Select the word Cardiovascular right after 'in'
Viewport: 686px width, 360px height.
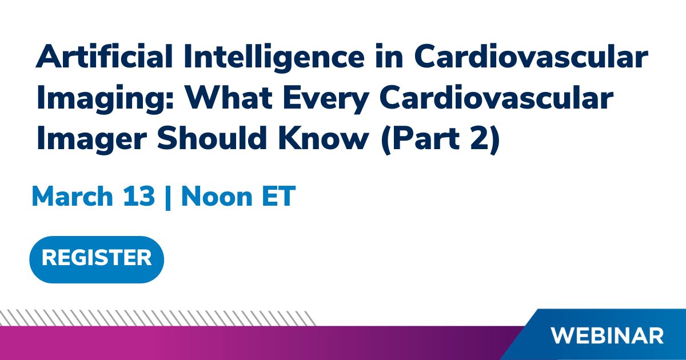click(x=531, y=56)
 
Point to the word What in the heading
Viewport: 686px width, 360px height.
click(x=229, y=98)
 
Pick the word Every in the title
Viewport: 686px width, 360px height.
click(x=325, y=100)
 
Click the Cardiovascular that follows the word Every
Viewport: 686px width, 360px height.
click(x=496, y=98)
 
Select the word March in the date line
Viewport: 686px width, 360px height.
click(x=72, y=196)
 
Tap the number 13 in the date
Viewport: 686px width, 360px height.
click(x=139, y=196)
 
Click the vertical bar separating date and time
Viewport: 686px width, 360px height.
click(x=167, y=198)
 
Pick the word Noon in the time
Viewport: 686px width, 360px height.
click(x=217, y=196)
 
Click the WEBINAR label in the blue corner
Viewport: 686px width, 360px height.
click(x=607, y=336)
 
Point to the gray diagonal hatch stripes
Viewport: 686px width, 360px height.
click(x=158, y=318)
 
